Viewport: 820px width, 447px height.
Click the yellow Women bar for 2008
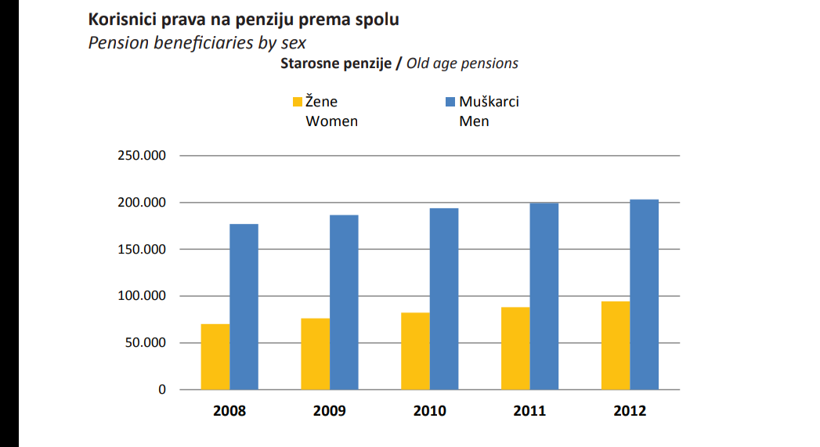coord(215,356)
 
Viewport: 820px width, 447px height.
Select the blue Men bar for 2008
coord(244,306)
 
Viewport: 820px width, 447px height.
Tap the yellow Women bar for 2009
coord(315,354)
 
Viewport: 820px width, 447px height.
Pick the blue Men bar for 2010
coord(444,298)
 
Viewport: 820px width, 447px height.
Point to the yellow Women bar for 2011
coord(515,348)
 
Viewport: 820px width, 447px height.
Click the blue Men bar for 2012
coord(644,294)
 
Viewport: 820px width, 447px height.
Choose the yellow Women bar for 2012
coord(616,345)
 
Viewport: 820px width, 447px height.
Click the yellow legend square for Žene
coord(297,102)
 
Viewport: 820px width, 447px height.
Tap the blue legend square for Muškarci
coord(450,102)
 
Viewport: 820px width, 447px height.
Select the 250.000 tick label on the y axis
coord(143,156)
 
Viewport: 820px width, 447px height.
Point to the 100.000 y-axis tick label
coord(143,296)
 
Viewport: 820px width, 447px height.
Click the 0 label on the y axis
coord(162,389)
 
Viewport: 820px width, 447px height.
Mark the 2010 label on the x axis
coord(429,411)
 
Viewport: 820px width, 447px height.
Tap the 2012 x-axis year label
coord(630,411)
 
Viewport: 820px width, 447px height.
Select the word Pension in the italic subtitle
coord(116,42)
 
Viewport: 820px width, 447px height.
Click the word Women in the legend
coord(331,121)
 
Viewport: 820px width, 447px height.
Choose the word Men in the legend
coord(474,121)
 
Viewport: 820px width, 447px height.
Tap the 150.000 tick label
coord(143,250)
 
